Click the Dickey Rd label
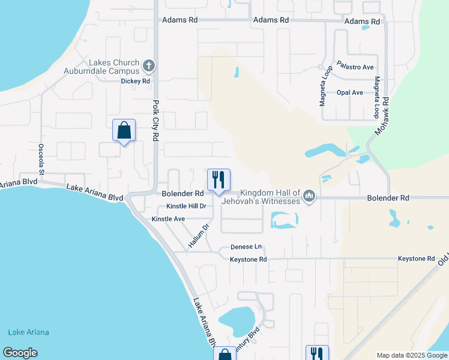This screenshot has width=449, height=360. pyautogui.click(x=135, y=80)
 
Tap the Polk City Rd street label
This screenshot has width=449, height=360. pyautogui.click(x=155, y=121)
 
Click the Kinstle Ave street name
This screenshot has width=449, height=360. pyautogui.click(x=168, y=219)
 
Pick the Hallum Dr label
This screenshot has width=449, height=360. pyautogui.click(x=197, y=236)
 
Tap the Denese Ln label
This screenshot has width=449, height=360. pyautogui.click(x=246, y=247)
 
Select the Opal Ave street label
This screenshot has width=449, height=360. pyautogui.click(x=349, y=92)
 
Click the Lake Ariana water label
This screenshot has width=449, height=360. pyautogui.click(x=29, y=332)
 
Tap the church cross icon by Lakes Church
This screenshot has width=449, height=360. pyautogui.click(x=149, y=65)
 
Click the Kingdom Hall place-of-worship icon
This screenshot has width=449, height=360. pyautogui.click(x=309, y=196)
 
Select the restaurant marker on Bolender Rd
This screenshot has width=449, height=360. pyautogui.click(x=218, y=179)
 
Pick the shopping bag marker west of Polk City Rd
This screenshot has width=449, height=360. pyautogui.click(x=124, y=130)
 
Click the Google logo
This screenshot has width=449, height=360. pyautogui.click(x=20, y=353)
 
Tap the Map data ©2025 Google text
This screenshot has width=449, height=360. pyautogui.click(x=411, y=355)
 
